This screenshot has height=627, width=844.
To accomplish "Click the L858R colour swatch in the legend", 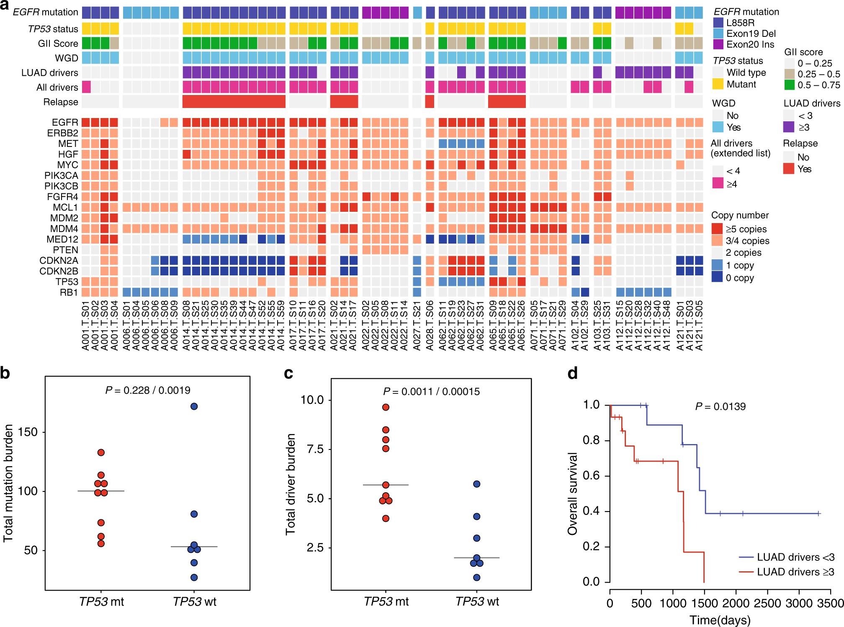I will click(x=718, y=23).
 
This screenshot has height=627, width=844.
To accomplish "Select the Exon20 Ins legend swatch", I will click(x=718, y=44).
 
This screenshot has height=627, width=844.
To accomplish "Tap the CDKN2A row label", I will click(x=59, y=260).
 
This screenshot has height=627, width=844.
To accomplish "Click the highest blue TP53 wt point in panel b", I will click(x=194, y=406).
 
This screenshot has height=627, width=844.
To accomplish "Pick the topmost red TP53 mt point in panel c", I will click(x=386, y=407).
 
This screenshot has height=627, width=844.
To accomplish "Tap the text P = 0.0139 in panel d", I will click(x=720, y=406).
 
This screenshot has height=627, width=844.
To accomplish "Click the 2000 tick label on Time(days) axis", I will click(x=736, y=603).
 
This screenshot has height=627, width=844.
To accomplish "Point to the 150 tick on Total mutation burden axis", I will click(x=28, y=432).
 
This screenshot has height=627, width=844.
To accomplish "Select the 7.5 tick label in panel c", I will click(x=315, y=449).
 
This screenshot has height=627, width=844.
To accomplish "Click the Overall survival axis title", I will click(x=572, y=493).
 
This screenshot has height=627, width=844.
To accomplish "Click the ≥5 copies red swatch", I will click(x=717, y=229).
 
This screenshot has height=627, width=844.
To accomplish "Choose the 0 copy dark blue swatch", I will click(x=717, y=278).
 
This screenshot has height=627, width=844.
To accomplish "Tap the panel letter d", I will click(x=573, y=373).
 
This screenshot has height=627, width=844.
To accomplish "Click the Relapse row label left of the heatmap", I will click(x=61, y=102).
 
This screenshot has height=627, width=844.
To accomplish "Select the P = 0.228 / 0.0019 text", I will click(x=148, y=391).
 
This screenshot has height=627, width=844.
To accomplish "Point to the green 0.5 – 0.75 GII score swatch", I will click(x=789, y=85).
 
